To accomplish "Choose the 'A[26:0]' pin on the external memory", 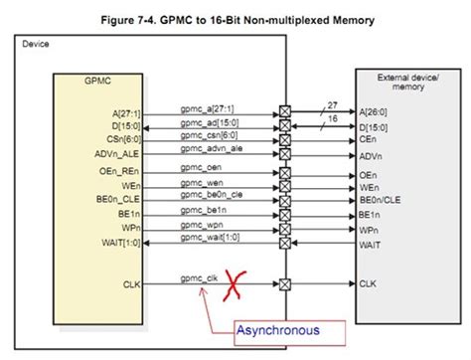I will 377,114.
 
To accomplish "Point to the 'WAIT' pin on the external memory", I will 371,242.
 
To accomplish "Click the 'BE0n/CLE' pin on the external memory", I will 381,200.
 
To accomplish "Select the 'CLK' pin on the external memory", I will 368,283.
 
